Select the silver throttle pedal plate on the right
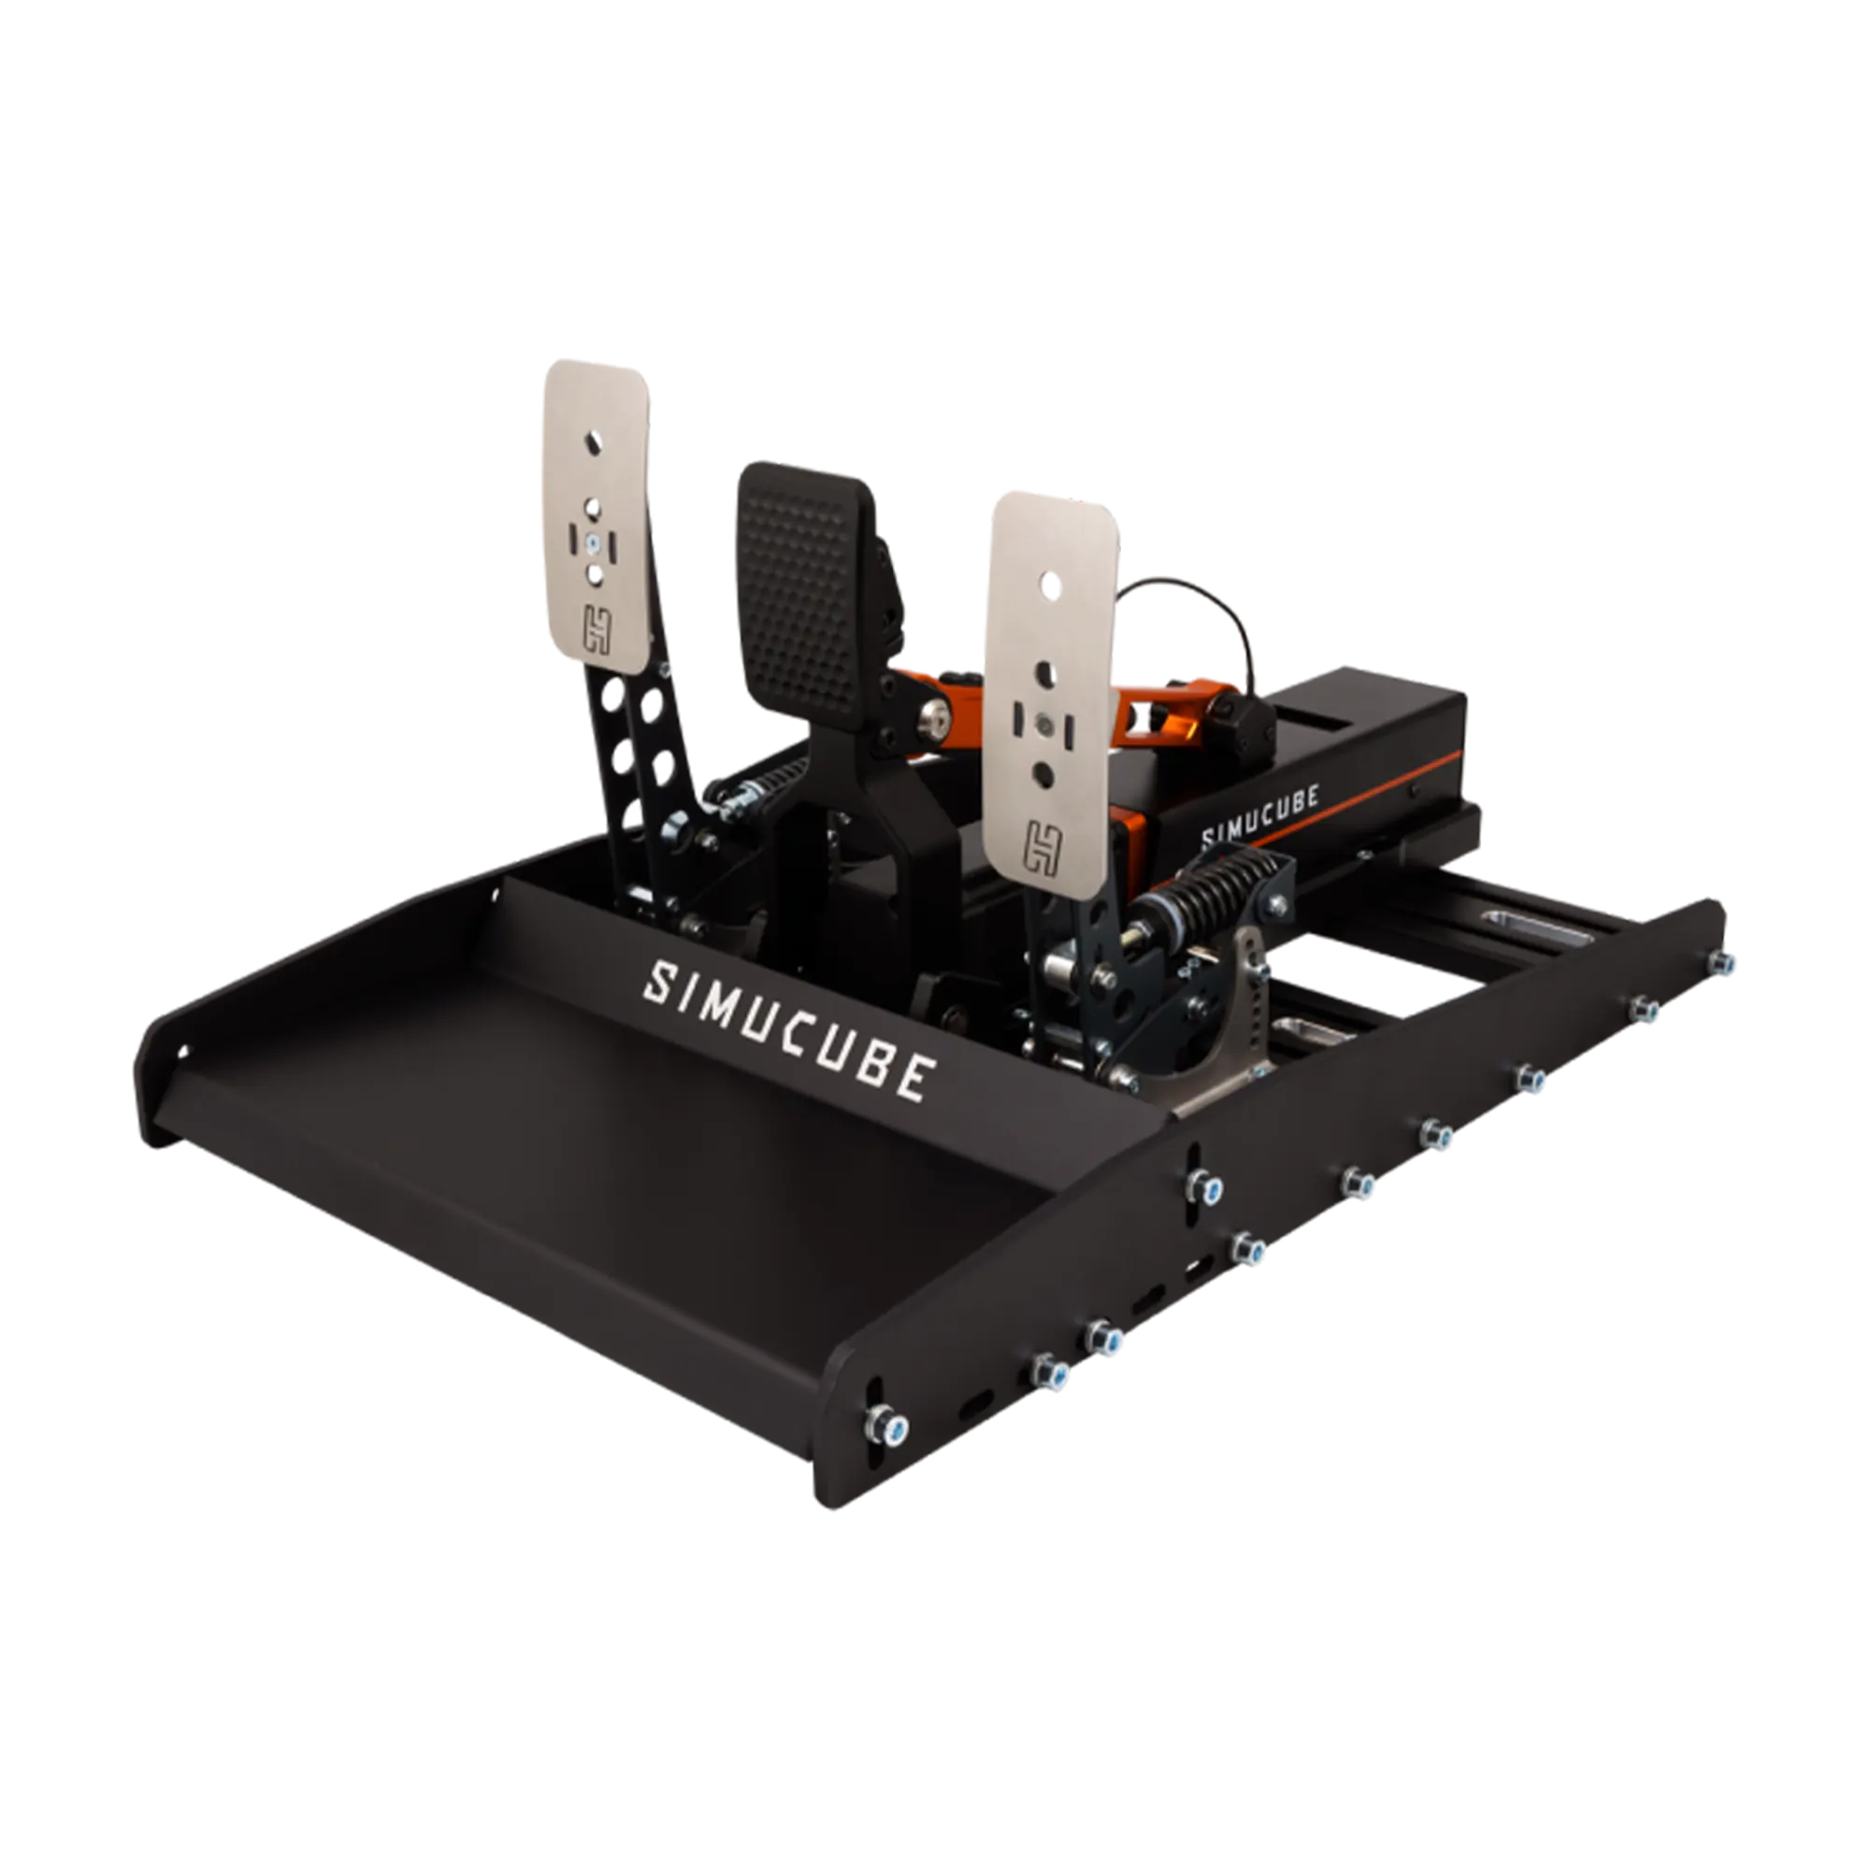(1048, 687)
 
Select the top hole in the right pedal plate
(1047, 583)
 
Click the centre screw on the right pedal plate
(1043, 722)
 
